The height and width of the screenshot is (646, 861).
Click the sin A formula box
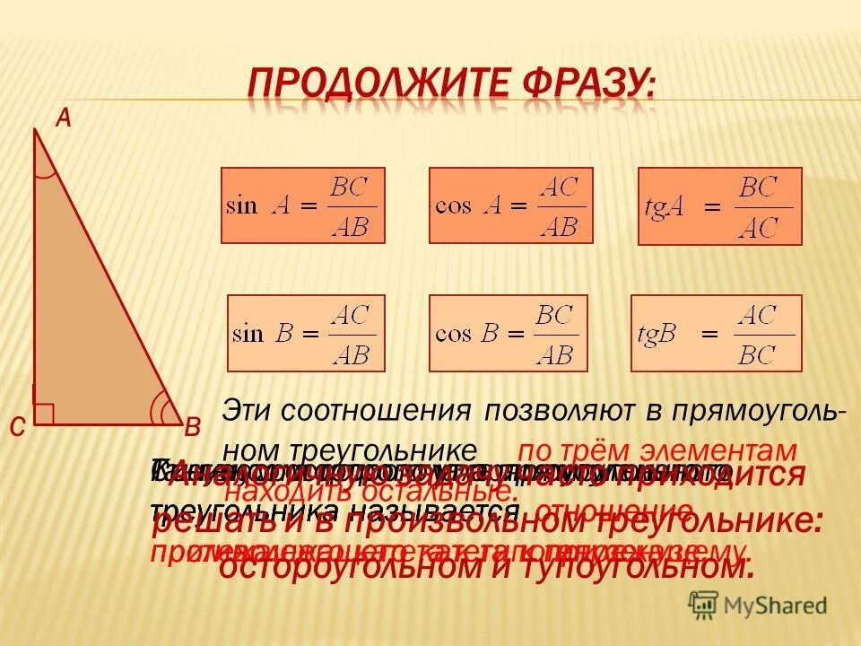[x=302, y=205]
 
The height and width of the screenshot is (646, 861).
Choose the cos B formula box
[x=509, y=333]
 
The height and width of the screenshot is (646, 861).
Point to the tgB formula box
[x=716, y=333]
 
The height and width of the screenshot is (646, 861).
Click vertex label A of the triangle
[x=64, y=118]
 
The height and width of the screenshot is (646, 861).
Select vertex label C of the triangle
[x=17, y=429]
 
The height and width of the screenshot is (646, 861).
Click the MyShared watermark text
[x=775, y=605]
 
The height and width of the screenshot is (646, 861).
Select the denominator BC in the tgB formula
[x=757, y=354]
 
